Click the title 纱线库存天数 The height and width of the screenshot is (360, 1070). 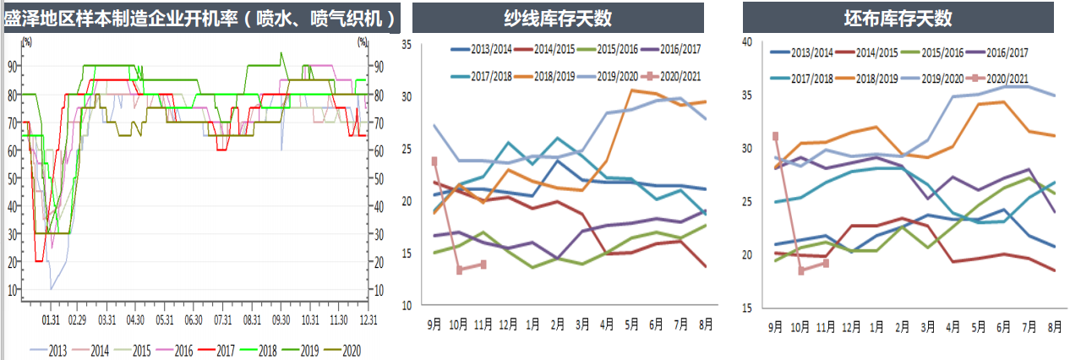pyautogui.click(x=558, y=18)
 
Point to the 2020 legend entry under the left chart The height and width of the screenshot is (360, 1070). pyautogui.click(x=348, y=349)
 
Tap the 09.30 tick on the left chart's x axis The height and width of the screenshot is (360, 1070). pyautogui.click(x=281, y=320)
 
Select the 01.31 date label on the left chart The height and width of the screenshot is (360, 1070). pyautogui.click(x=51, y=320)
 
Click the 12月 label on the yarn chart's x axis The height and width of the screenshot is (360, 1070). pyautogui.click(x=507, y=325)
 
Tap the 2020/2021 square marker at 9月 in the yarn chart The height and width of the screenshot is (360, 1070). pyautogui.click(x=434, y=161)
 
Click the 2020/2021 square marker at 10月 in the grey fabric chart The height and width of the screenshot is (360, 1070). pyautogui.click(x=801, y=270)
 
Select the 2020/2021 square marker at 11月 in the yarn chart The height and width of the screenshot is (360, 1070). pyautogui.click(x=483, y=265)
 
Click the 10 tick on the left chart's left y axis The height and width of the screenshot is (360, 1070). pyautogui.click(x=11, y=290)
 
